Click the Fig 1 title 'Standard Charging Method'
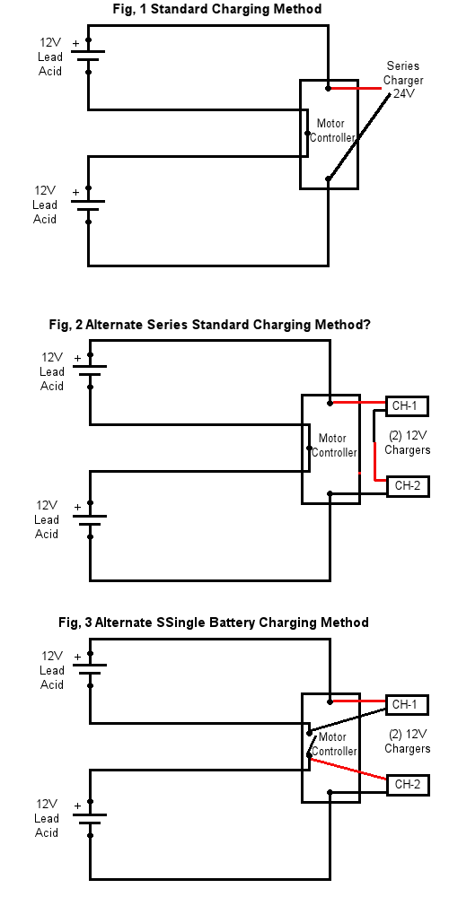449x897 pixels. [236, 9]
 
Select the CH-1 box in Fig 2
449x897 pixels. [407, 406]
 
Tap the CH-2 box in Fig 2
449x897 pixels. [408, 486]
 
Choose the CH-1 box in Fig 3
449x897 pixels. [407, 705]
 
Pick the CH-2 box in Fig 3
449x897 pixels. [408, 785]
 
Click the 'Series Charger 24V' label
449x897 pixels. [403, 80]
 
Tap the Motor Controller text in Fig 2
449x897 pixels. [334, 445]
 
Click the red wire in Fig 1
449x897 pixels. [355, 89]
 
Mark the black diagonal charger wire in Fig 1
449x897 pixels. [360, 135]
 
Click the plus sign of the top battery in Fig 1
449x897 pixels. [76, 43]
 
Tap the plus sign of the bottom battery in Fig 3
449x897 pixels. [77, 806]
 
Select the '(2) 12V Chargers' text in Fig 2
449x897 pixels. [407, 443]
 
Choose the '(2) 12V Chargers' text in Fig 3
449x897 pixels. [407, 742]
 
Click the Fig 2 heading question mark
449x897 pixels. [367, 325]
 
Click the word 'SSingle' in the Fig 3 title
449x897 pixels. [181, 623]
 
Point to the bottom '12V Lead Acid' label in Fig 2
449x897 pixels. [47, 519]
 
